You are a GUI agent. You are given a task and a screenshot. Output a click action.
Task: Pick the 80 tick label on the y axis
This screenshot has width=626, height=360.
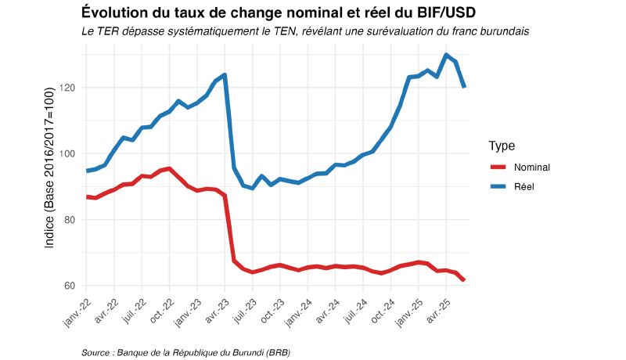coord(68,219)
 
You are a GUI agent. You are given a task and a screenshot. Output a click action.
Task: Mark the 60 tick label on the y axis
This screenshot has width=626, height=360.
coord(68,286)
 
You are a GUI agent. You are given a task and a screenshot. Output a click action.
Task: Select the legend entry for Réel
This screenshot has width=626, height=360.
coord(524,186)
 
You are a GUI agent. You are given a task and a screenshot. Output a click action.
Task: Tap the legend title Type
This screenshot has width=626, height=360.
coord(501,146)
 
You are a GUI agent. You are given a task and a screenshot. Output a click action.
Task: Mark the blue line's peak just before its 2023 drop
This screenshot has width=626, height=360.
coord(225,75)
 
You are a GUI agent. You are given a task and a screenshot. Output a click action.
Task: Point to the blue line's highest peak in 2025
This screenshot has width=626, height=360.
coord(446,55)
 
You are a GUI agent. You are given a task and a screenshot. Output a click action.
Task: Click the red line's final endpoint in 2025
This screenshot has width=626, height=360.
coord(464,280)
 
